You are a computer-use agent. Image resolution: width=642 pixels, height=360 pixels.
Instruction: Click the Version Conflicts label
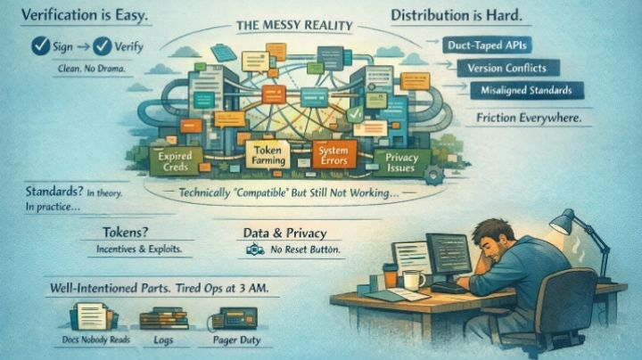(506, 68)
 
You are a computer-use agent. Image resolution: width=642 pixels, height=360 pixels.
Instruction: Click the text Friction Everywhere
(529, 118)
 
